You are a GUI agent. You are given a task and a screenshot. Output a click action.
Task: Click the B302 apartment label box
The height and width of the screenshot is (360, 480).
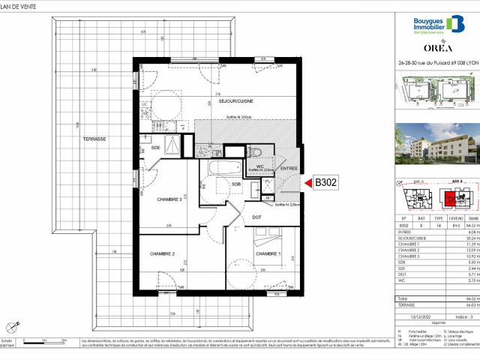pyautogui.click(x=326, y=202)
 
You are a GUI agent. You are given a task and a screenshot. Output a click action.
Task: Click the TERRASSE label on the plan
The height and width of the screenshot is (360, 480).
pyautogui.click(x=94, y=160)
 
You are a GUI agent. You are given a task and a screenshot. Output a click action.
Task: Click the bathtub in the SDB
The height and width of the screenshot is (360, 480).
pyautogui.click(x=225, y=167)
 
